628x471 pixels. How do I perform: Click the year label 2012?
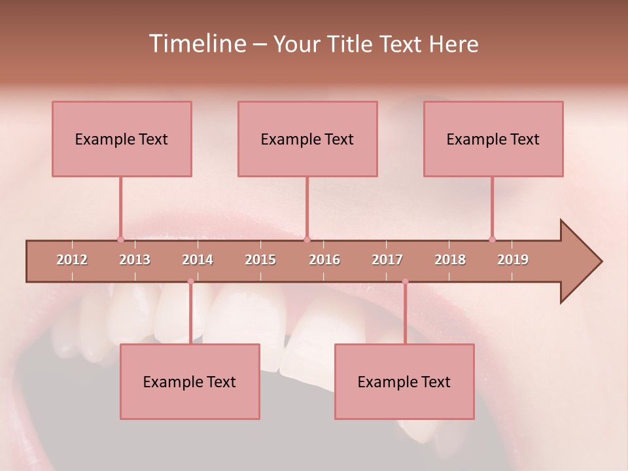72,260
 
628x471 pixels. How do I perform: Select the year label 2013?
135,260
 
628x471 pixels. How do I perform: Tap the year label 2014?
198,260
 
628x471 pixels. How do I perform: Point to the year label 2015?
260,260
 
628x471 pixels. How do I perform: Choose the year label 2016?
324,260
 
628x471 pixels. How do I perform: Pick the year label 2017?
387,260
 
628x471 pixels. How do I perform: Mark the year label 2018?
450,260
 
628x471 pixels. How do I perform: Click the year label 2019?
513,260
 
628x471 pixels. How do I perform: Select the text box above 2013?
122,139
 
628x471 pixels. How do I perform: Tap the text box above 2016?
307,139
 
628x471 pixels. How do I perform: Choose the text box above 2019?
493,139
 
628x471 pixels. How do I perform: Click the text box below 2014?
190,381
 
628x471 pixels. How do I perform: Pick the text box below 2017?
404,381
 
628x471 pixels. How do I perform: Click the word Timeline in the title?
197,44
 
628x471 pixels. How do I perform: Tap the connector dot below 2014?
190,281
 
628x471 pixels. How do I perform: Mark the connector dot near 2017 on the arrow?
405,281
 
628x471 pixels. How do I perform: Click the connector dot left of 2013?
120,239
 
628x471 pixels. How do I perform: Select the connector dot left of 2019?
492,239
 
